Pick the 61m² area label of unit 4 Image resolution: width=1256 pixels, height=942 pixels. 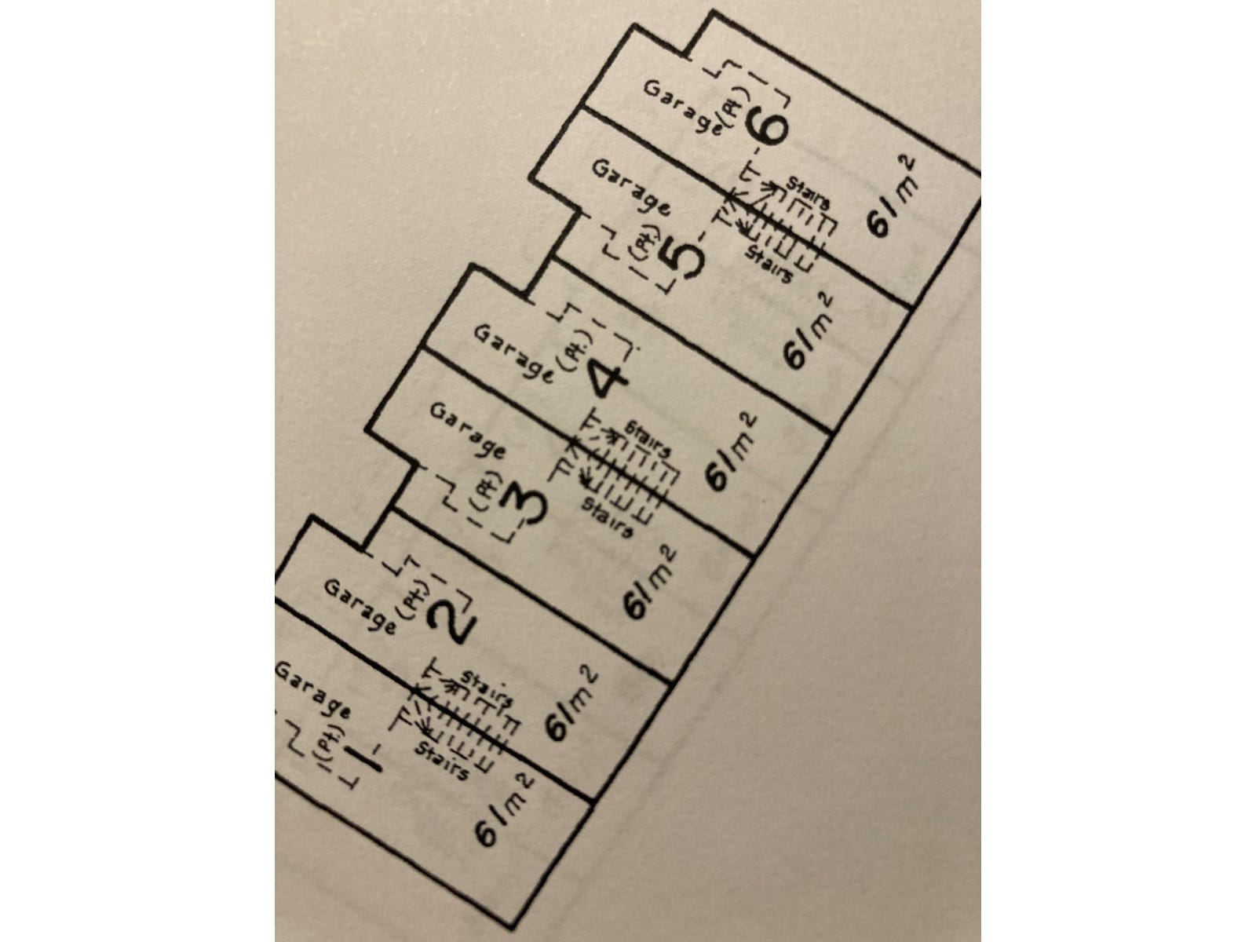(x=732, y=454)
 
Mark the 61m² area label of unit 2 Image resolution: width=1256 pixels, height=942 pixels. (x=572, y=703)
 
